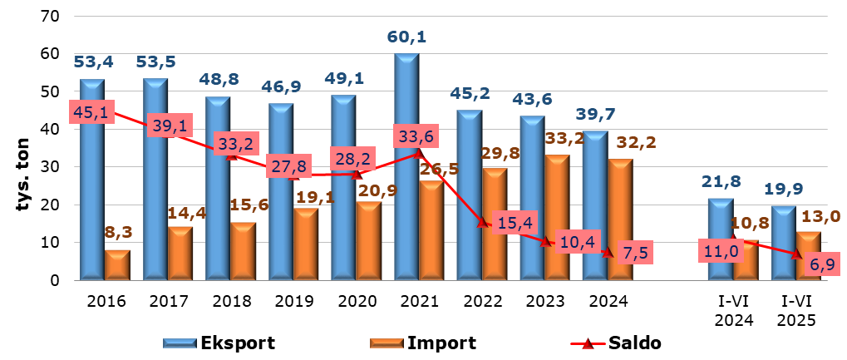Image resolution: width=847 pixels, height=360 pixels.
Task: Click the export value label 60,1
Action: coord(407,37)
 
